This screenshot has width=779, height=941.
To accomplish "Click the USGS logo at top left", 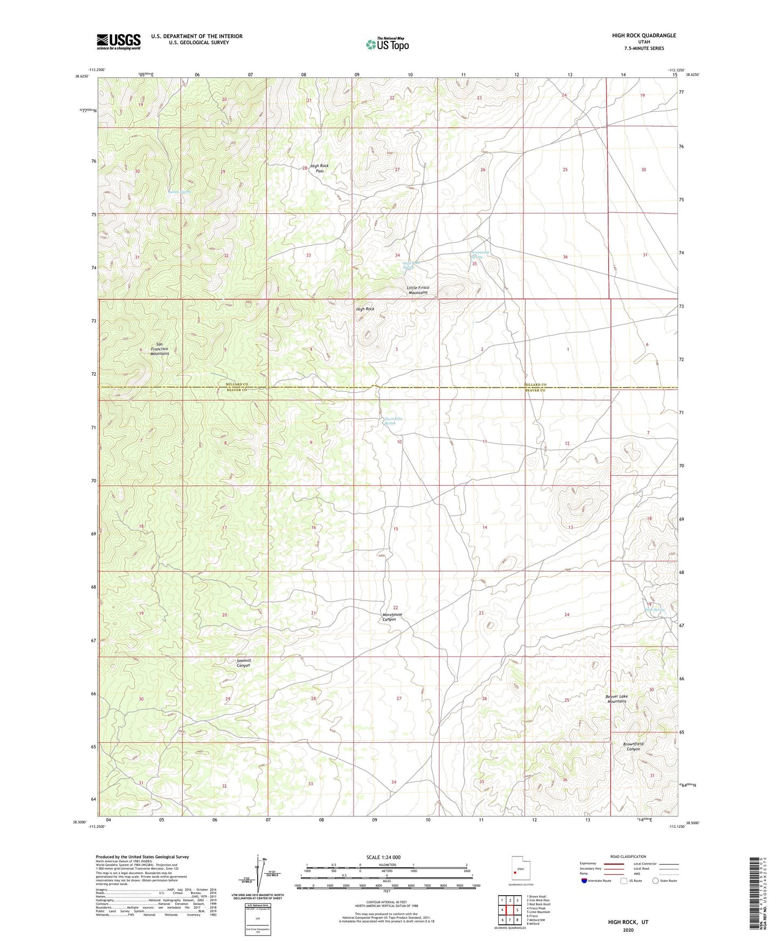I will pos(119,41).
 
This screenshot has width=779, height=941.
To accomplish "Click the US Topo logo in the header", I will pos(387,44).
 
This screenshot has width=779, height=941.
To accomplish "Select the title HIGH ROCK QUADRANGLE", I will pos(644,36).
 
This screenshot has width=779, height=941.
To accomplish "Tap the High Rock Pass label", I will pos(319,168).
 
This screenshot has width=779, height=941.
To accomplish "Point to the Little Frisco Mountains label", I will pos(418,290).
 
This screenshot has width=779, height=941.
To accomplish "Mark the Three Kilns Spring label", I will pos(392,421).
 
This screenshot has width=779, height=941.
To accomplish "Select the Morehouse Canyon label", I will pos(392,617).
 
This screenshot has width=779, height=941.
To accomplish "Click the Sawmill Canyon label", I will pos(244,663).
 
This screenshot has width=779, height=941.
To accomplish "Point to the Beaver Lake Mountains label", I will pos(617,698).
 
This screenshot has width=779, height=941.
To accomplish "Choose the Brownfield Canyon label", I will pos(633,746).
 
